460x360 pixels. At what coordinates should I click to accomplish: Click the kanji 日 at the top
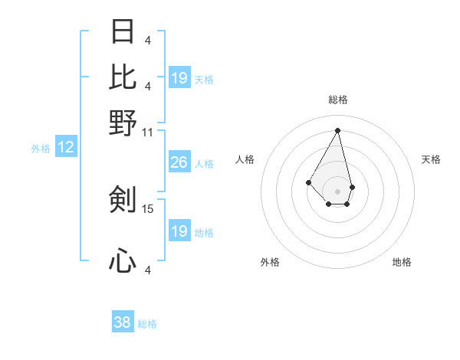123,32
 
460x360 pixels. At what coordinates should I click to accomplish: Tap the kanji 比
123,77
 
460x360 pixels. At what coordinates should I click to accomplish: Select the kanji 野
123,123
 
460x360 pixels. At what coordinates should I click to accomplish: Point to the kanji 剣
123,200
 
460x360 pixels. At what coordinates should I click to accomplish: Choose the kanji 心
123,261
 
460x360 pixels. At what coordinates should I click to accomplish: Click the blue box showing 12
66,148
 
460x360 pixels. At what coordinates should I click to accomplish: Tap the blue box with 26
179,162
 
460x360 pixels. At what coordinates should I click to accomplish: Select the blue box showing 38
123,322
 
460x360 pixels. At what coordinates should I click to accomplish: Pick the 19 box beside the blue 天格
179,78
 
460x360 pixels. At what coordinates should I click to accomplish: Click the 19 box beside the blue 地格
179,231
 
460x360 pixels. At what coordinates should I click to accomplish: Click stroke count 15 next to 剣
148,208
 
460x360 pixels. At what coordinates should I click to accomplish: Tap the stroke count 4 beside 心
147,270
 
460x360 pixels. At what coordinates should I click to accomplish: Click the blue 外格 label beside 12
41,149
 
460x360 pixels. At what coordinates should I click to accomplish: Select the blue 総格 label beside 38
147,324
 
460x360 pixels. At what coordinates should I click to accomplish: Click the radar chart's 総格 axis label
337,100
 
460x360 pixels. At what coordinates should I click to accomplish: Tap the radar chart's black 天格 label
431,159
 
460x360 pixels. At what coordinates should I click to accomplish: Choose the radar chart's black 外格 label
270,262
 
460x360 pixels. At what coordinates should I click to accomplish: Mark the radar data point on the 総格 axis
337,129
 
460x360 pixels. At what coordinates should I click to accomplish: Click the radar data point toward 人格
308,182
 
